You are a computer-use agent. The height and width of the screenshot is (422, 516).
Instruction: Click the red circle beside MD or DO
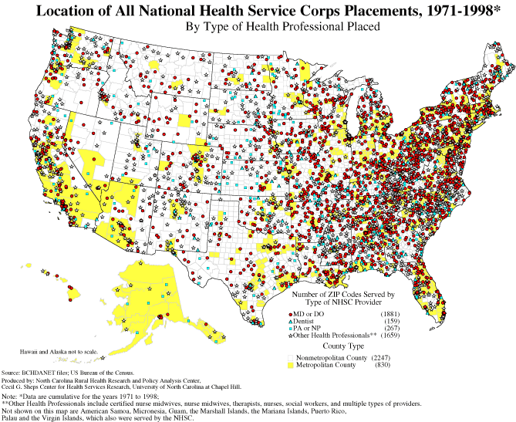pyautogui.click(x=290, y=315)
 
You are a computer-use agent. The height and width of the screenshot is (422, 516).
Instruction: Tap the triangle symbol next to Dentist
pyautogui.click(x=290, y=322)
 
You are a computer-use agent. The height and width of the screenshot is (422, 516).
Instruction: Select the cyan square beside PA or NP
pyautogui.click(x=290, y=329)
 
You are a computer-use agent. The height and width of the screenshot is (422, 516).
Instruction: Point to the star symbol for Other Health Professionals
pyautogui.click(x=290, y=336)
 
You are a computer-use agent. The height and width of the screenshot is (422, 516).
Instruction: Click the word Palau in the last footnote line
pyautogui.click(x=11, y=417)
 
